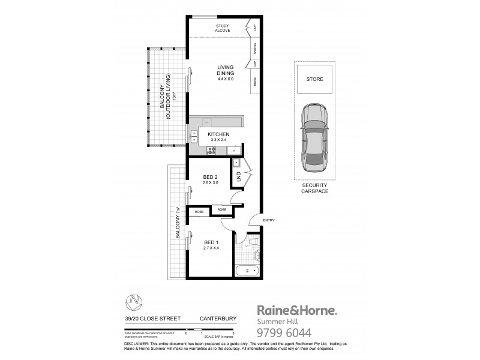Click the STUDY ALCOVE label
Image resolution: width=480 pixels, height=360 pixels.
227,28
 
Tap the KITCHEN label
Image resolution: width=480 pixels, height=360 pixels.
219,135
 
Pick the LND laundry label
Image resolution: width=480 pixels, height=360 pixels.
238,176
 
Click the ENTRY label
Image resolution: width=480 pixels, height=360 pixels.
268,221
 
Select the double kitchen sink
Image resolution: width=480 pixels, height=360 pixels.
195,136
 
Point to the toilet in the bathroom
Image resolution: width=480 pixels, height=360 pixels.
255,241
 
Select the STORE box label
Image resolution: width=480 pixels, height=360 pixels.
314,79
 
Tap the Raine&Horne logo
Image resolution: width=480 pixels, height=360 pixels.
297,310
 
